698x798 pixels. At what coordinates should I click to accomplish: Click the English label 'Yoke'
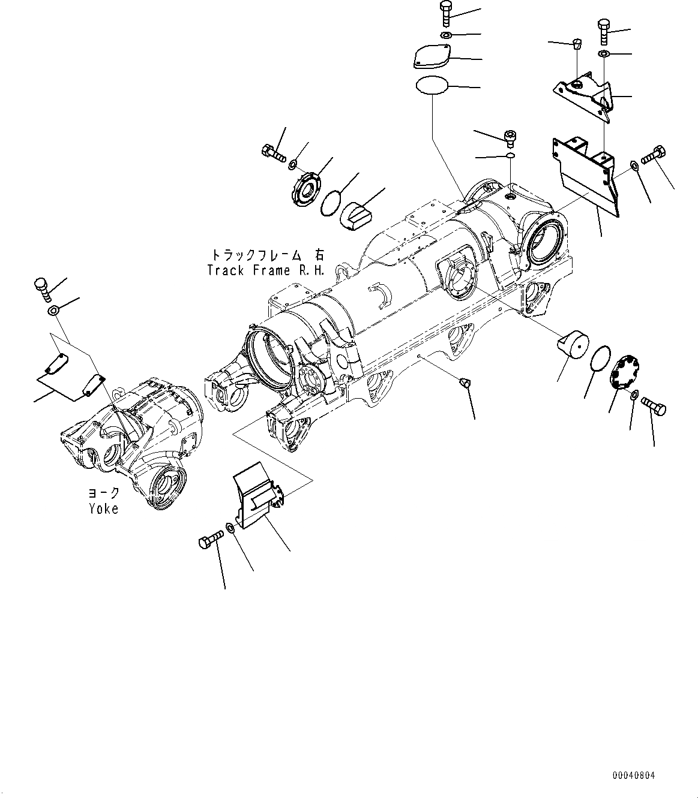[x=103, y=508]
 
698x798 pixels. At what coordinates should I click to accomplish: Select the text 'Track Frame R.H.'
[x=265, y=270]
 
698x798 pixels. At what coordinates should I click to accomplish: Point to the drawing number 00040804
[x=634, y=775]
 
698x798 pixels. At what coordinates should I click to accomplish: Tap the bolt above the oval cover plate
[x=446, y=14]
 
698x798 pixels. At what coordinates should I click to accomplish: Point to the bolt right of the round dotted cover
[x=654, y=406]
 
